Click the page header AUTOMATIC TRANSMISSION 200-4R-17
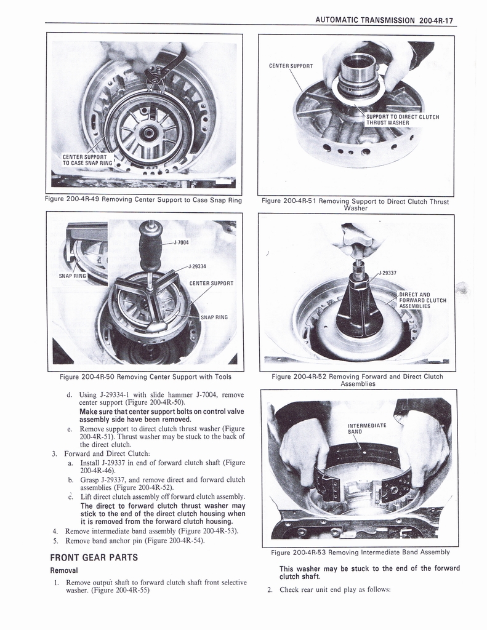tap(384, 20)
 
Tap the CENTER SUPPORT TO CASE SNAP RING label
tap(87, 160)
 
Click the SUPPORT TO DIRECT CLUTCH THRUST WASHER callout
tap(401, 119)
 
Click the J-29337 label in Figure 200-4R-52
tap(387, 272)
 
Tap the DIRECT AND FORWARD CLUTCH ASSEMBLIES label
tap(422, 300)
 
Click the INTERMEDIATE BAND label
tap(367, 428)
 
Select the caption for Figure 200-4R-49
tap(143, 199)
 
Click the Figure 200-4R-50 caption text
tap(145, 377)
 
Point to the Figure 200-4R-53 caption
tap(360, 552)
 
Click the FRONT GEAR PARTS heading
tap(94, 557)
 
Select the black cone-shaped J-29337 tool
tap(359, 308)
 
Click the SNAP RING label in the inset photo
tap(73, 276)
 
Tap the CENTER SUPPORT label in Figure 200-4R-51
tap(291, 65)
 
